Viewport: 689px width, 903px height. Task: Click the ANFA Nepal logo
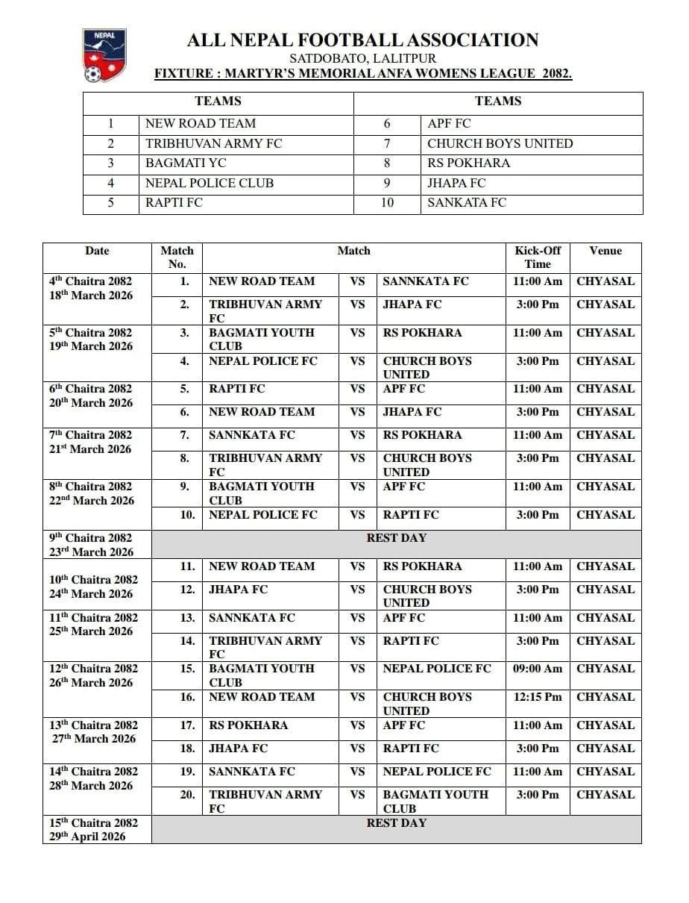(x=104, y=55)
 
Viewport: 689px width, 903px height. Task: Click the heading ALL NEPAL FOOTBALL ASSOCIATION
(x=362, y=40)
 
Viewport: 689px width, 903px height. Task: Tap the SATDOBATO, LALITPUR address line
(x=362, y=58)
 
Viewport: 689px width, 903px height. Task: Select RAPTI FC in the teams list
(x=174, y=202)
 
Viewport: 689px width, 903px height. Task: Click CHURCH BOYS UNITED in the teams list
(x=500, y=143)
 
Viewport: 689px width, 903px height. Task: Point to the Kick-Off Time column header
(x=537, y=257)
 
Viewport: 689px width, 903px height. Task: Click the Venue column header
(x=605, y=251)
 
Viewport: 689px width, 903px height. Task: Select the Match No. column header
(x=177, y=257)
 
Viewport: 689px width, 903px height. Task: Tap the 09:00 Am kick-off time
(x=537, y=669)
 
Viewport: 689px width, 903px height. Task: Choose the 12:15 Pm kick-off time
(x=537, y=697)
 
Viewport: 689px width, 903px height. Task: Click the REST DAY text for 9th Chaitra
(x=396, y=538)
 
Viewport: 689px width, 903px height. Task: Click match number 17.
(x=186, y=725)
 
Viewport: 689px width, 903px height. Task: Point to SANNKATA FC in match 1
(x=425, y=281)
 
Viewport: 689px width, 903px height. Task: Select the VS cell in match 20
(x=358, y=795)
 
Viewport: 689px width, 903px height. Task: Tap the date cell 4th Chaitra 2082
(x=90, y=281)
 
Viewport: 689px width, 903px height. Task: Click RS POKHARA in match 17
(x=248, y=725)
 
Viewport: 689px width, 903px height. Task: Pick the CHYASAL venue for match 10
(x=605, y=515)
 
